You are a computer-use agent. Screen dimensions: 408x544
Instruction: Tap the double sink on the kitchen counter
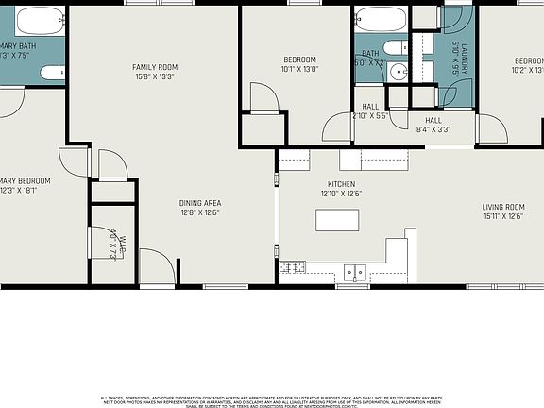click(355, 272)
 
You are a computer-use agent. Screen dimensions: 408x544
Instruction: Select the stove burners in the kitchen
click(292, 268)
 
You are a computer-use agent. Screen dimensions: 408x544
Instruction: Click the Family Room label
click(154, 67)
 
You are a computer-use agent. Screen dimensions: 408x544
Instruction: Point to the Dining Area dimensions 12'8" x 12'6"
click(199, 212)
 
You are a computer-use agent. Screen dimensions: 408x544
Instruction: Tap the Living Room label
click(503, 207)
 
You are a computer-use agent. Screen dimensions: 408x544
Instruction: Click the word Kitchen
click(340, 184)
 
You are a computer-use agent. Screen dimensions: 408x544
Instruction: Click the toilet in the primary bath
click(52, 72)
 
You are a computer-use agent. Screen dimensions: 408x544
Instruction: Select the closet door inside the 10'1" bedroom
click(260, 98)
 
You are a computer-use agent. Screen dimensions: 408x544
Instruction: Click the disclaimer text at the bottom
click(272, 400)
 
